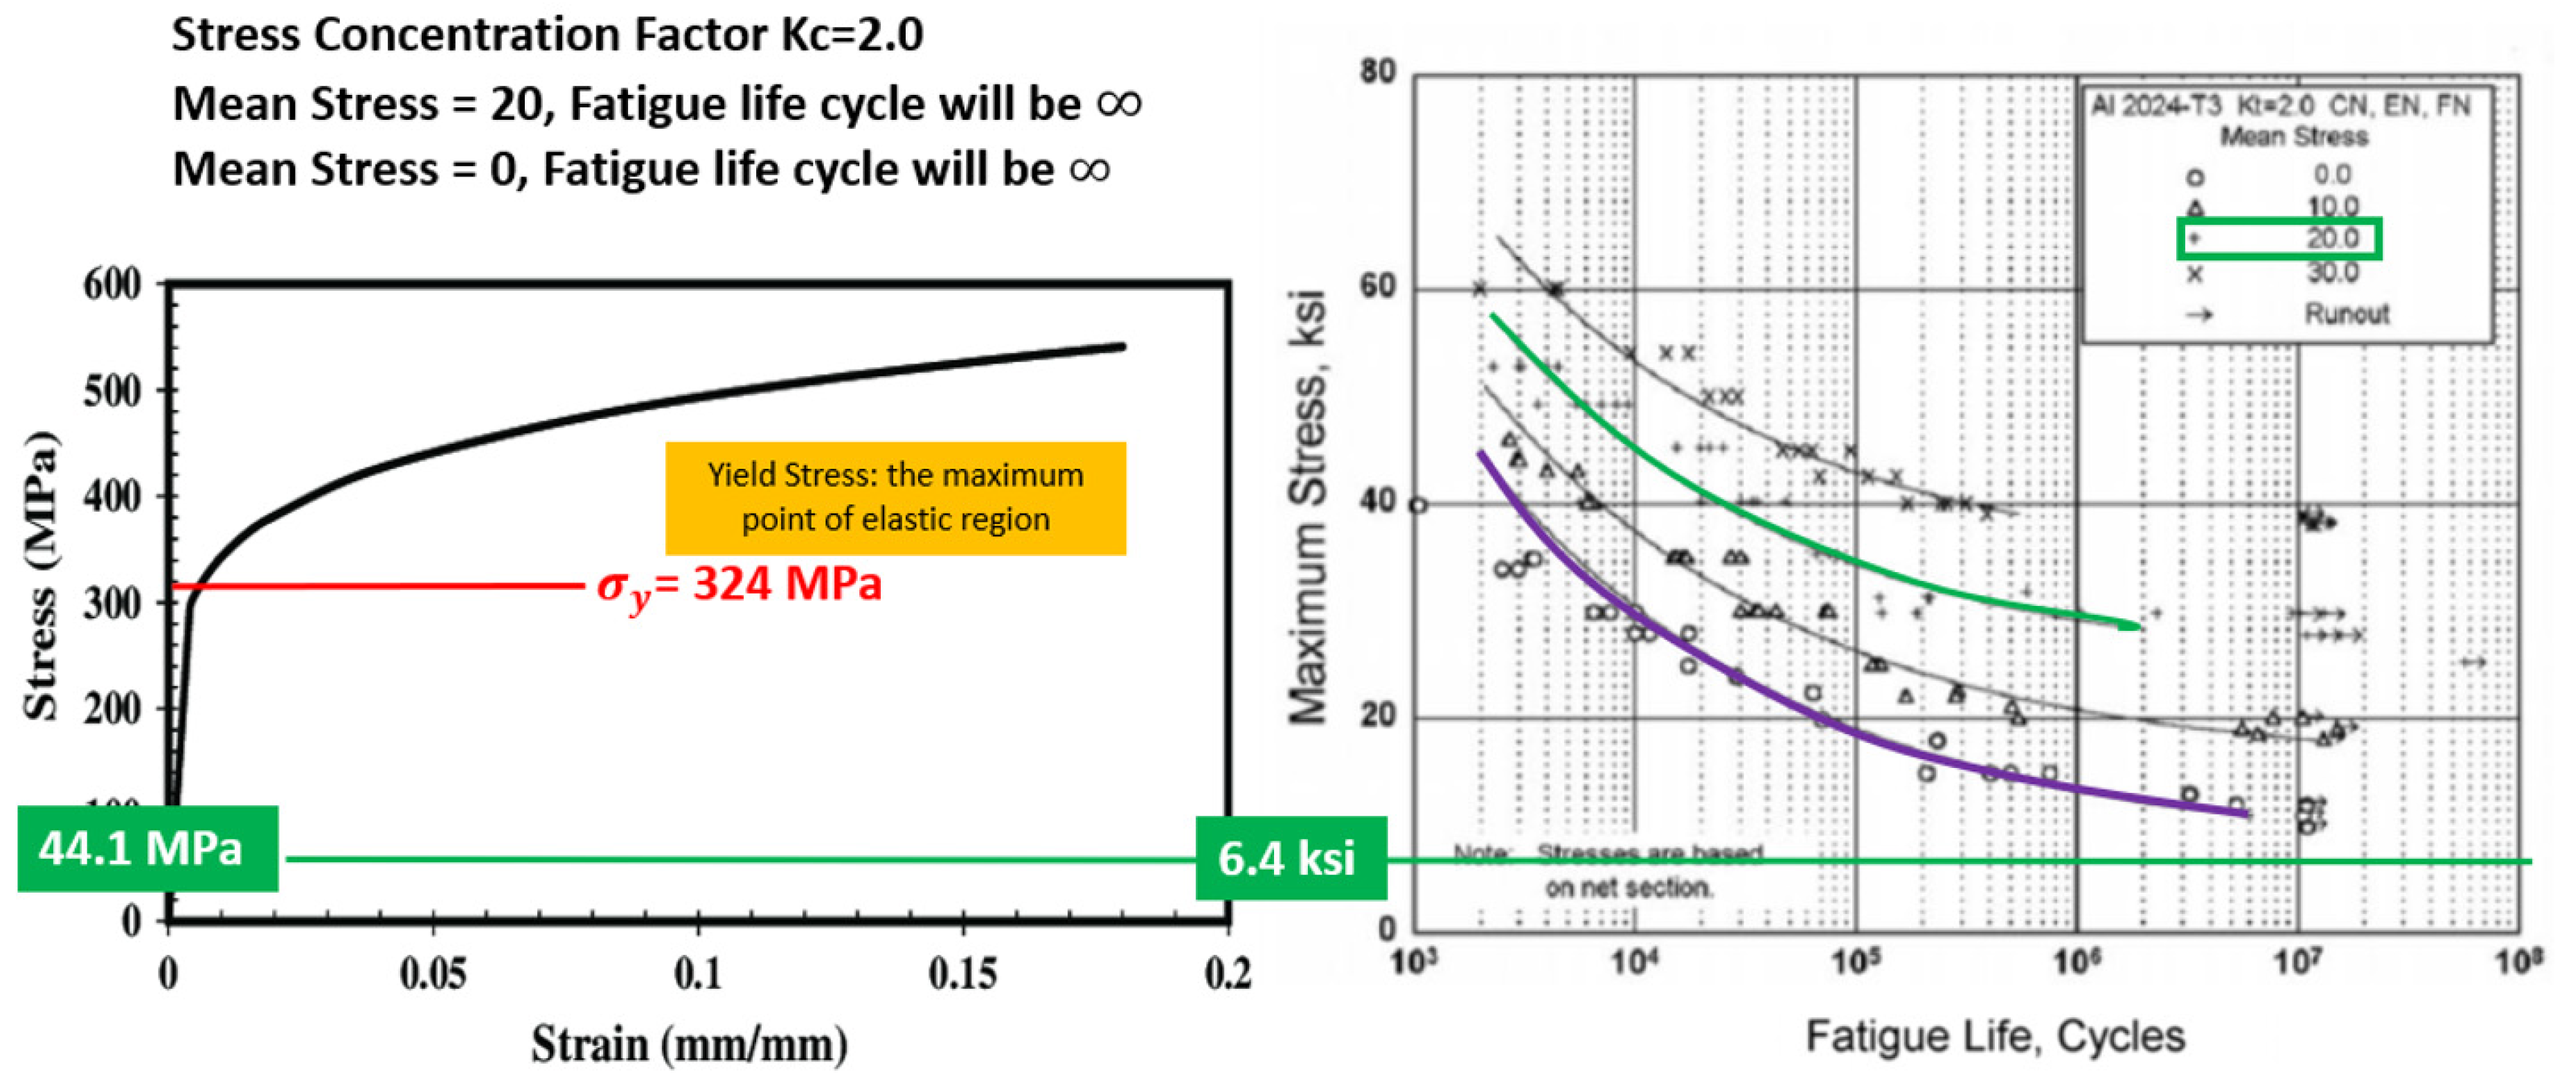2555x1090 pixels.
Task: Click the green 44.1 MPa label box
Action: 147,849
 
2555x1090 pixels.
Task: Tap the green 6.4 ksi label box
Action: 1289,858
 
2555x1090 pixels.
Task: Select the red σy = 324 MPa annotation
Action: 739,585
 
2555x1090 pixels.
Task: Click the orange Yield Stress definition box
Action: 895,497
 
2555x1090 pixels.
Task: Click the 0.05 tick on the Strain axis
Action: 433,974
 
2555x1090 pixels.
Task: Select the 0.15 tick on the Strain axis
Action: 962,974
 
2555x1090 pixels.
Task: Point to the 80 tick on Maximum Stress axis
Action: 1378,73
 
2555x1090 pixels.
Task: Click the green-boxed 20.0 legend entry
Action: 2278,239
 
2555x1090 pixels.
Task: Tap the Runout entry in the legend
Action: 2346,314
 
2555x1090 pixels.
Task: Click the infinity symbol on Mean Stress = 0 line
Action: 1089,168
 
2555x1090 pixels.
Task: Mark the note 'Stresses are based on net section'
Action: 1626,870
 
